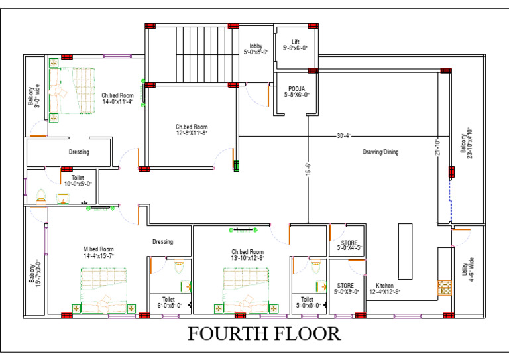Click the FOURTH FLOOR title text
pos(264,333)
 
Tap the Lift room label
pos(295,45)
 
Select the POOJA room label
pos(296,91)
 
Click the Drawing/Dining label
pos(380,152)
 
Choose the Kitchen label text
pos(385,288)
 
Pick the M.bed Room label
pos(99,252)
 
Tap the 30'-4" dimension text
pos(343,136)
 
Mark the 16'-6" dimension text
pos(308,171)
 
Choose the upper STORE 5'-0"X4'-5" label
pos(349,246)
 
